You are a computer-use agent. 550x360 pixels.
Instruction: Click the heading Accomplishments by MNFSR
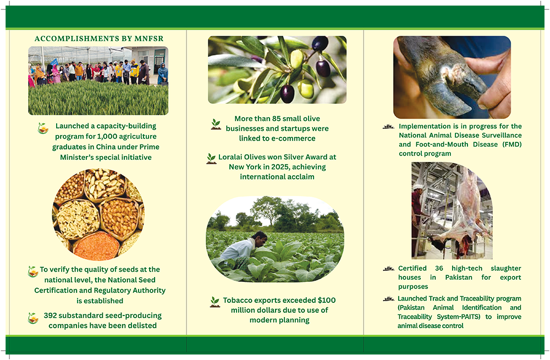tap(99, 38)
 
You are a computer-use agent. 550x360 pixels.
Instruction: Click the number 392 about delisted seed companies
tap(50, 315)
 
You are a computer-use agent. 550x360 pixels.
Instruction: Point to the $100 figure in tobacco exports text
tap(327, 301)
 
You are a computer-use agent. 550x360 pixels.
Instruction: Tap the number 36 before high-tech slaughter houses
tap(439, 268)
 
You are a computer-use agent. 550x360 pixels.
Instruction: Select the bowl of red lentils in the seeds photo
tap(96, 246)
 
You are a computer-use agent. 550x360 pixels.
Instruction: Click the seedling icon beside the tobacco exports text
tap(215, 302)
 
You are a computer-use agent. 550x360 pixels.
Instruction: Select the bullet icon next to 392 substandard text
tap(33, 318)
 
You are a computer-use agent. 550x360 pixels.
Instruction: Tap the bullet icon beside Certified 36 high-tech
tap(389, 269)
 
